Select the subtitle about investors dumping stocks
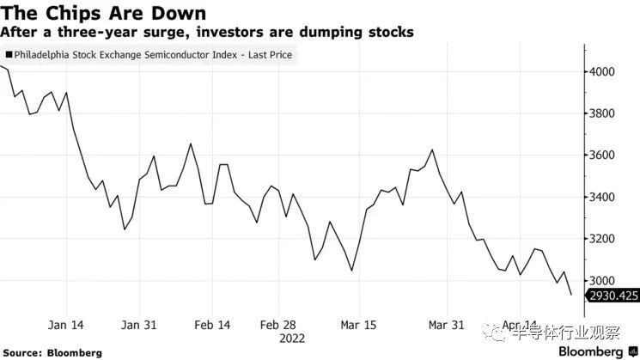tap(207, 32)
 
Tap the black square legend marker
tap(9, 55)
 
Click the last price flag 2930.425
tap(612, 296)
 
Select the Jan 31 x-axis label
tap(138, 326)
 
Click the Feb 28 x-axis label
tap(278, 326)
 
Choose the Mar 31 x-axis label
tap(447, 326)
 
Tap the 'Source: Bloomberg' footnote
tap(52, 352)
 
